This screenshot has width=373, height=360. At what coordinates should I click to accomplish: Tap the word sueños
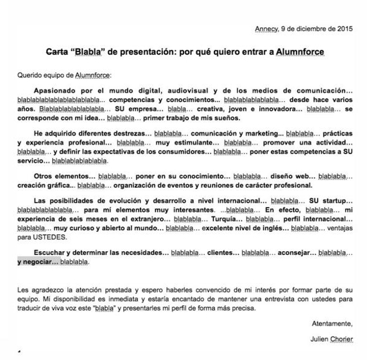point(214,116)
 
